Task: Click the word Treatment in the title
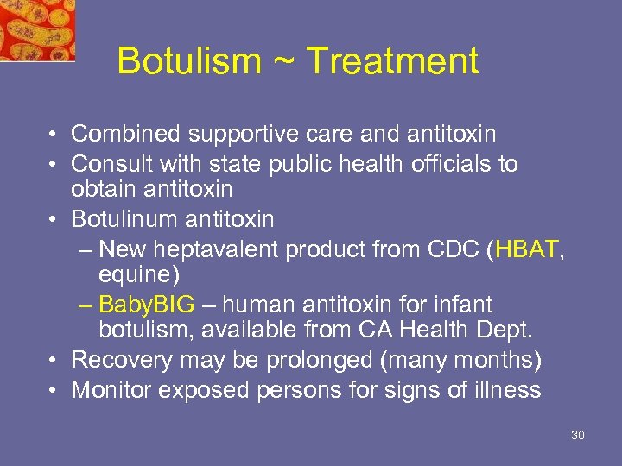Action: coord(392,61)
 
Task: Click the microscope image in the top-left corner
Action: coord(36,29)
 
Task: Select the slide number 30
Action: coord(578,435)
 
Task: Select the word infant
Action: coord(460,305)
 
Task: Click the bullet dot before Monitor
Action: coord(54,390)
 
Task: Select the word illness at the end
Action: coord(507,390)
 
